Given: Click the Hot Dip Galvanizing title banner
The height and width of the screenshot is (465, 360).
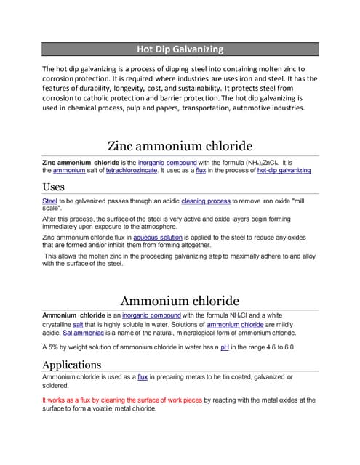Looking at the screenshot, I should coord(180,49).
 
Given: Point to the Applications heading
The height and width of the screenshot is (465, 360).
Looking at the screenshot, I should coord(71,364).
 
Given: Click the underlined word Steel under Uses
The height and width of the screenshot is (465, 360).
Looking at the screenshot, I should coord(50,200).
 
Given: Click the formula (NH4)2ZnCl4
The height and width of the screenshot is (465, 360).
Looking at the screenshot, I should coord(257,162).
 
